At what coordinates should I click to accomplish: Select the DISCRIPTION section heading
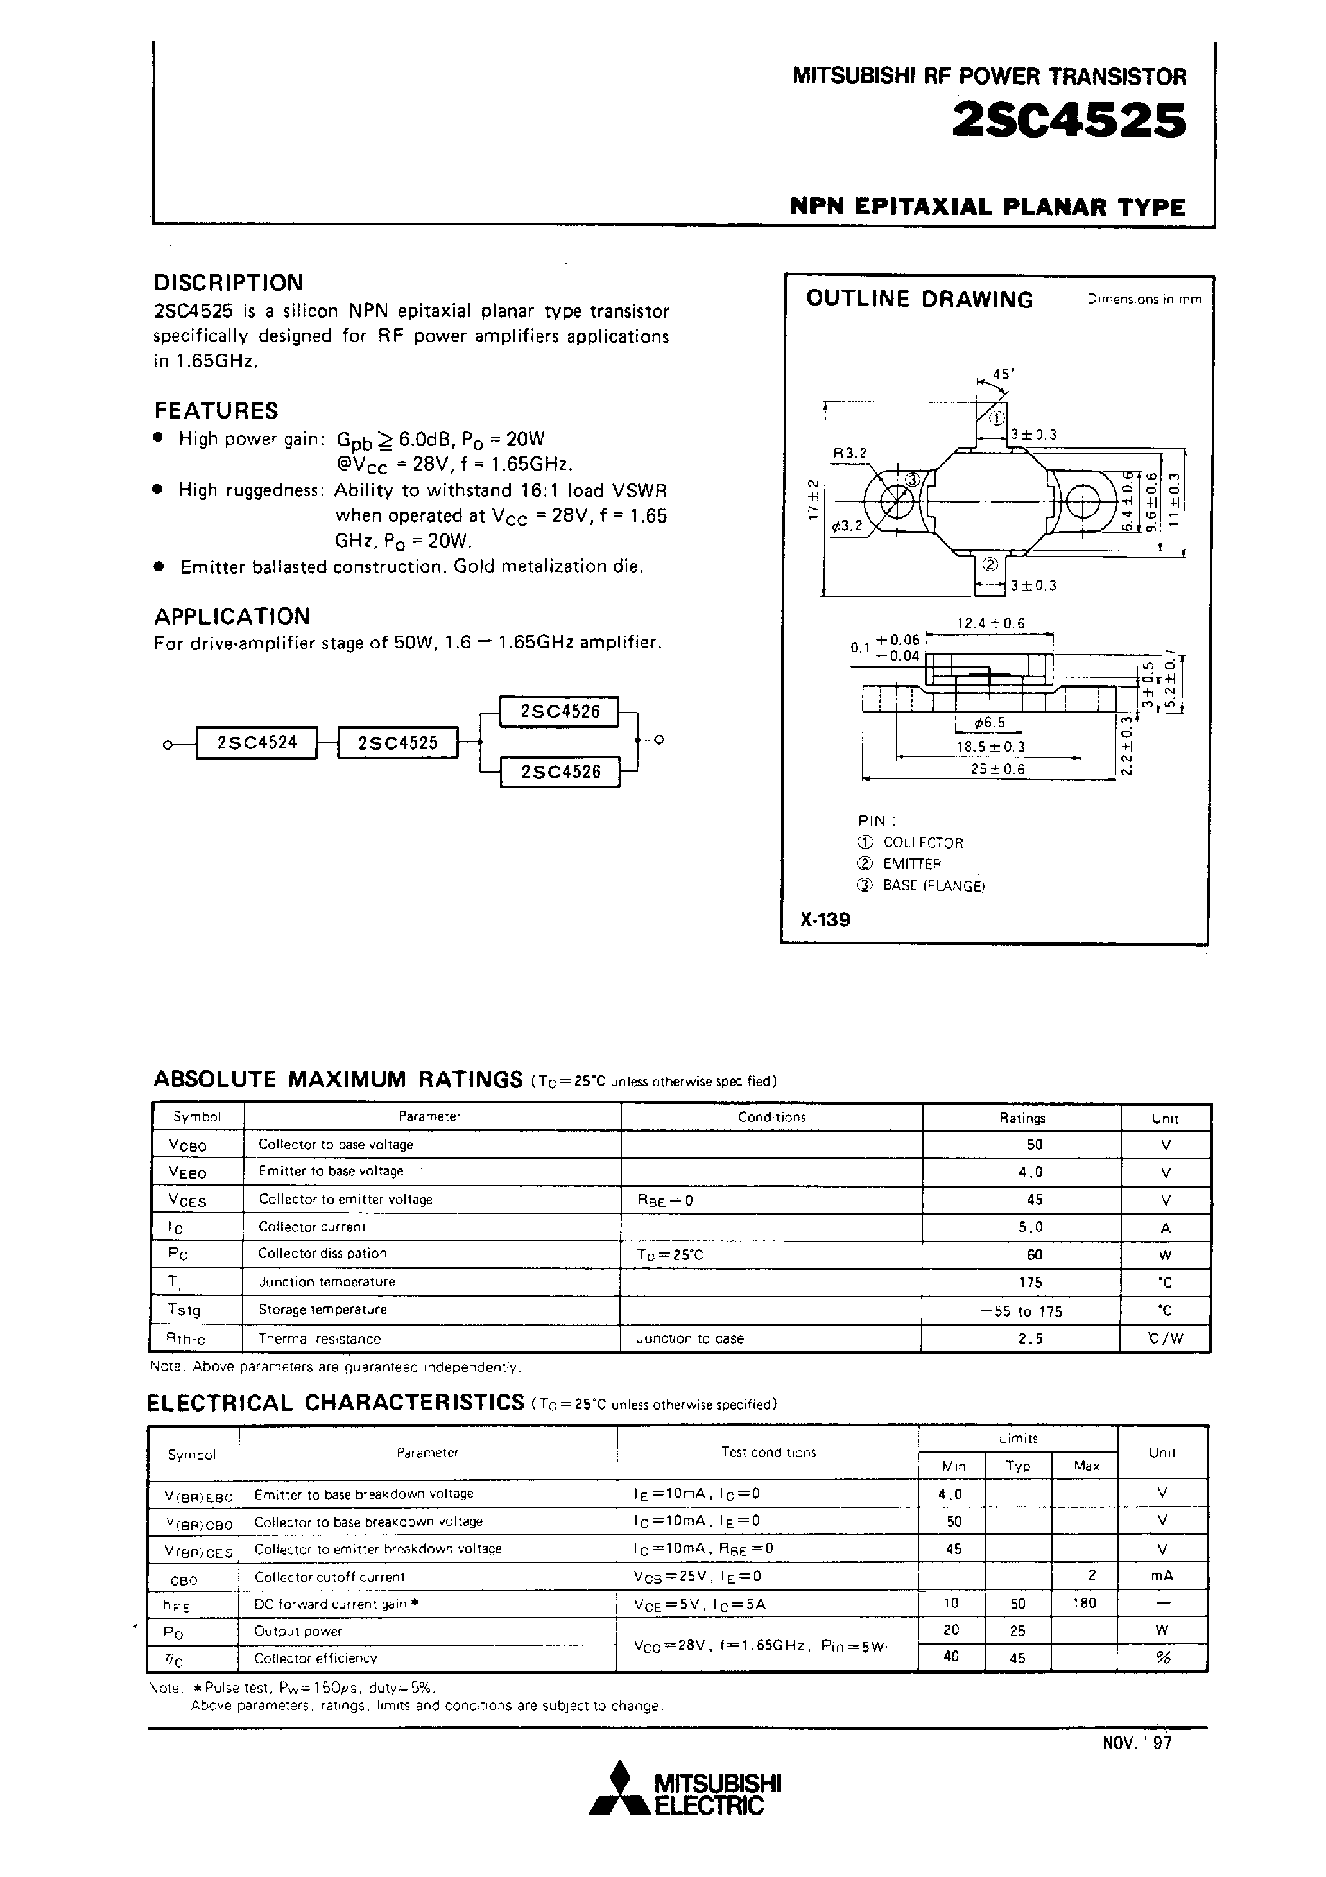(x=228, y=283)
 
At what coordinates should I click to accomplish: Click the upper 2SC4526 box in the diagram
(x=560, y=711)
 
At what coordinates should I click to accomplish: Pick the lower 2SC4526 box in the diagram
(x=560, y=772)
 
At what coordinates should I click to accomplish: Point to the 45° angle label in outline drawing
(x=1003, y=374)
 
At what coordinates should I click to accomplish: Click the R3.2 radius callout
(x=849, y=453)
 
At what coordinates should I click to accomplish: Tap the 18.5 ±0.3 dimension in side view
(x=991, y=747)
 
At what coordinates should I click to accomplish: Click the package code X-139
(x=825, y=920)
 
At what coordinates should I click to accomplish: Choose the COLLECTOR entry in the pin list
(x=923, y=842)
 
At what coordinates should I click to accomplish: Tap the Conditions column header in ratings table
(x=771, y=1117)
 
